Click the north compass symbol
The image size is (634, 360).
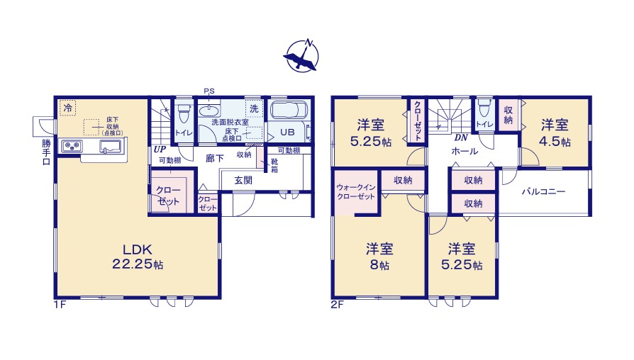pos(302,56)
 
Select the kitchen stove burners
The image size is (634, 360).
pos(71,147)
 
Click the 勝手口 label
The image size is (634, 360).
pos(46,151)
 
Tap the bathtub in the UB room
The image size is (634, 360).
pos(288,112)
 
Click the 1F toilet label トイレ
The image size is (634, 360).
pos(182,132)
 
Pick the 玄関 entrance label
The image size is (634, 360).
pos(243,180)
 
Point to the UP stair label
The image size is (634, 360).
pos(160,150)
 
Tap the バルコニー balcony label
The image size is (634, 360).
pos(544,191)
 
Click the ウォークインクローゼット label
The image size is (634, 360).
pos(355,191)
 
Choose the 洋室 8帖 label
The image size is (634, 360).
pos(379,257)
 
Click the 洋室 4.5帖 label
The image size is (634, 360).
pos(555,133)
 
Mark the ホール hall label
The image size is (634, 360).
pos(464,151)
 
